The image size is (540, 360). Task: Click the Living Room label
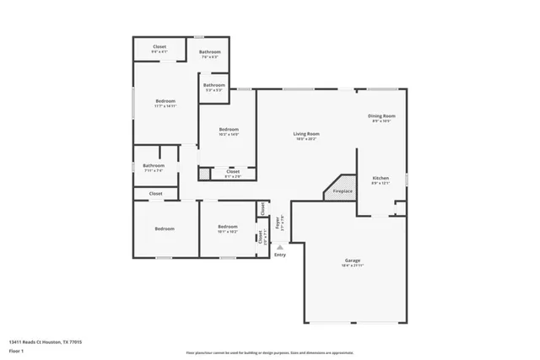point(305,134)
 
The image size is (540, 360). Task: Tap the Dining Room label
point(381,116)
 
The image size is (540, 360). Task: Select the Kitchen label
point(381,178)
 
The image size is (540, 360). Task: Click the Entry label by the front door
point(280,255)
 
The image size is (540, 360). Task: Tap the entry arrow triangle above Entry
point(280,246)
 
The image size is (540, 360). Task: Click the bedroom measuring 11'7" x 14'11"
point(165,102)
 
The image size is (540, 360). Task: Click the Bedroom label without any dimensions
point(164,228)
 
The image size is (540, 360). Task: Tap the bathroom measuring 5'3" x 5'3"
point(214,85)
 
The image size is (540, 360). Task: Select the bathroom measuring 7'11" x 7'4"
point(154,166)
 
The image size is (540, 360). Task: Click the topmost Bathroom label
point(210,52)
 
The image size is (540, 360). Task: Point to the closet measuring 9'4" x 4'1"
point(159,47)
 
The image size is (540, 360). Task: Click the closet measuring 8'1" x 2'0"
point(233,173)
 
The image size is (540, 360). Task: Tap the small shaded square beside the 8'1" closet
point(204,175)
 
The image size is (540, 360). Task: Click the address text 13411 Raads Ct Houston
point(46,342)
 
